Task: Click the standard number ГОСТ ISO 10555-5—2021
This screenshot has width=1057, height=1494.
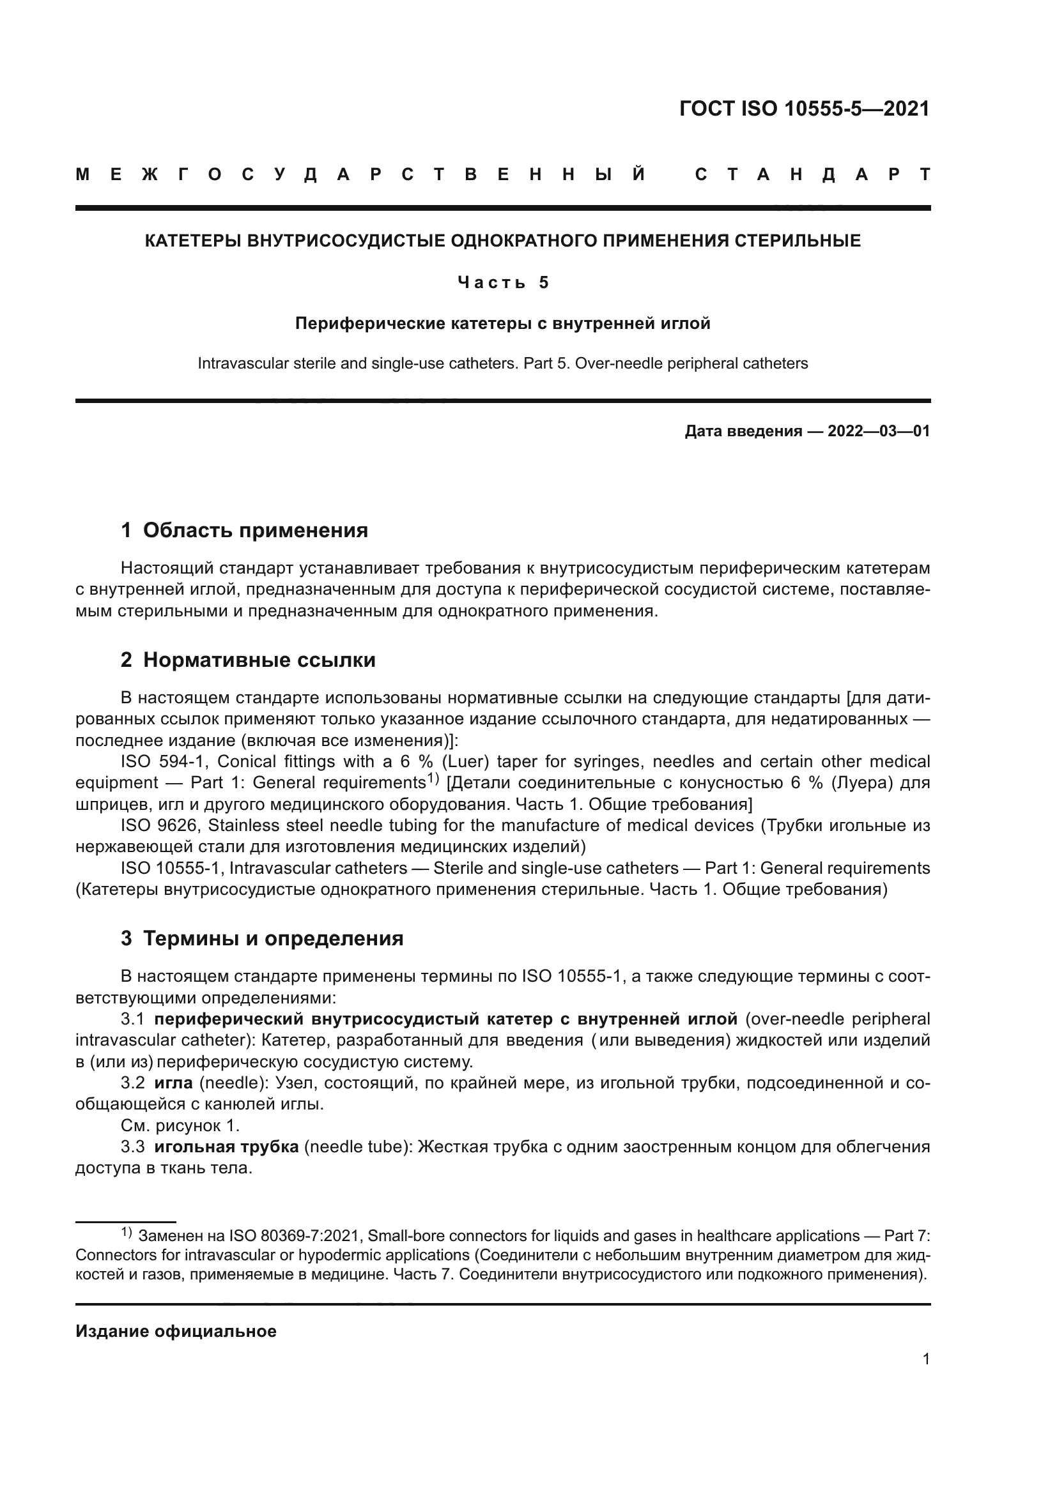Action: [x=804, y=109]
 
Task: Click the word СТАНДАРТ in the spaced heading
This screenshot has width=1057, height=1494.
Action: [x=813, y=174]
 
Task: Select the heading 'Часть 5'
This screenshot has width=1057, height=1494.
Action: [x=503, y=282]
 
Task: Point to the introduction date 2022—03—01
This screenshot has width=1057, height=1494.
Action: [x=879, y=431]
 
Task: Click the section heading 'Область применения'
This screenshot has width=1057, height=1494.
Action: [x=255, y=530]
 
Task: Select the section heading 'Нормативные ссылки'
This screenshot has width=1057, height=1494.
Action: [x=259, y=660]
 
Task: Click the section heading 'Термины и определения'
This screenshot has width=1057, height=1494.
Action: [x=273, y=939]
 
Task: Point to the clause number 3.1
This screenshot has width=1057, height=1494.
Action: [x=133, y=1019]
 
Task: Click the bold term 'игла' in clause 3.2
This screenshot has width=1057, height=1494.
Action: [x=173, y=1083]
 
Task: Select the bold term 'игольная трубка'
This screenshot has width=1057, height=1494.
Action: [x=226, y=1147]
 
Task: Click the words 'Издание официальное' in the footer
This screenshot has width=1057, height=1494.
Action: [x=176, y=1331]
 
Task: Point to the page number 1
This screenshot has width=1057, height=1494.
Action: [x=925, y=1359]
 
